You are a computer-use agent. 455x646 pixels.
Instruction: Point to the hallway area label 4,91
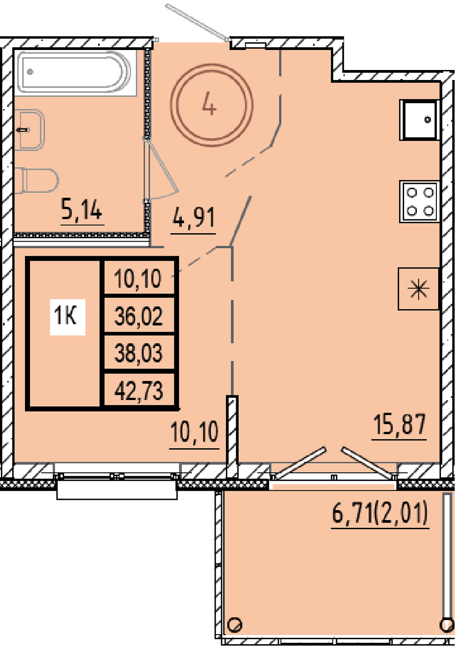193,218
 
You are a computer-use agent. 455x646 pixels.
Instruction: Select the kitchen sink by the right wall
420,120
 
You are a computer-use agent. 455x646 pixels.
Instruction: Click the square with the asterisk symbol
419,289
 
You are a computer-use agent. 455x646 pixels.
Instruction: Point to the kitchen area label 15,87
399,424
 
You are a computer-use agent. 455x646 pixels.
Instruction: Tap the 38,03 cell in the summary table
139,353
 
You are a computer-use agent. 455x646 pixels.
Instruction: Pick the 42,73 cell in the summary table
139,390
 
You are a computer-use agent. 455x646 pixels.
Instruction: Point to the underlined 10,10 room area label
194,432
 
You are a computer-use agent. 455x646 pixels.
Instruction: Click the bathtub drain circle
30,71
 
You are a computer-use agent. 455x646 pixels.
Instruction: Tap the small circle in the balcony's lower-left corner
235,625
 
